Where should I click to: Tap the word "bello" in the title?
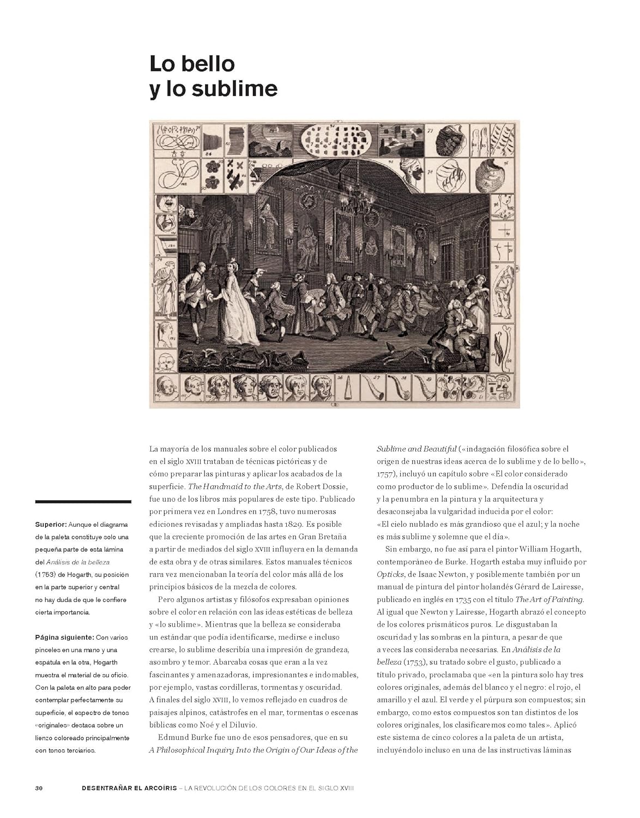click(x=208, y=64)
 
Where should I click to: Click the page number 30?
click(x=39, y=788)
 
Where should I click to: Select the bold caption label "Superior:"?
click(x=51, y=525)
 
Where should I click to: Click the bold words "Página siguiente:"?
click(x=64, y=637)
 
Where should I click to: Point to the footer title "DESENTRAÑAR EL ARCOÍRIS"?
click(x=131, y=788)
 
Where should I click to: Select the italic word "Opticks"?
click(x=390, y=574)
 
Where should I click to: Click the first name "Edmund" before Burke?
click(x=174, y=737)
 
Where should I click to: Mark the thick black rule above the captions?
click(x=83, y=501)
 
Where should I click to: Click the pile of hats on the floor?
click(x=240, y=359)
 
